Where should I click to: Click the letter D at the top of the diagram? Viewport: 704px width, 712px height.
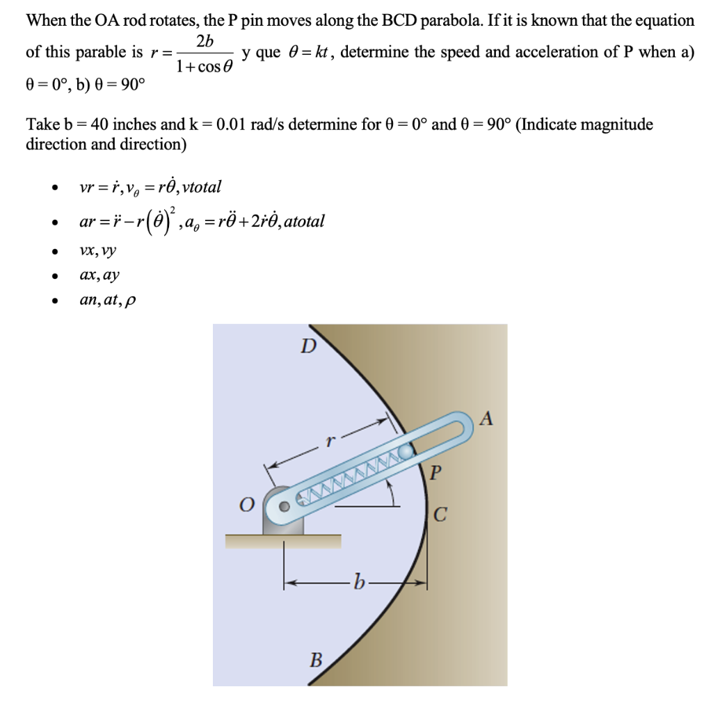[307, 346]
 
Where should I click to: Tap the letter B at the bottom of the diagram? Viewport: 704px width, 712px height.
[315, 659]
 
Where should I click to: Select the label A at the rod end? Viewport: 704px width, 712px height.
[486, 419]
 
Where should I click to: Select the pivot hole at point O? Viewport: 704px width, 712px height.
[284, 506]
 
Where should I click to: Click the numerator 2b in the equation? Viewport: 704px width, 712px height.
[205, 41]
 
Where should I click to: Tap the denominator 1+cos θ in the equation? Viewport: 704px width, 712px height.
[205, 68]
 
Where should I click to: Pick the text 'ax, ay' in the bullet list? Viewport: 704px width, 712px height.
[99, 275]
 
